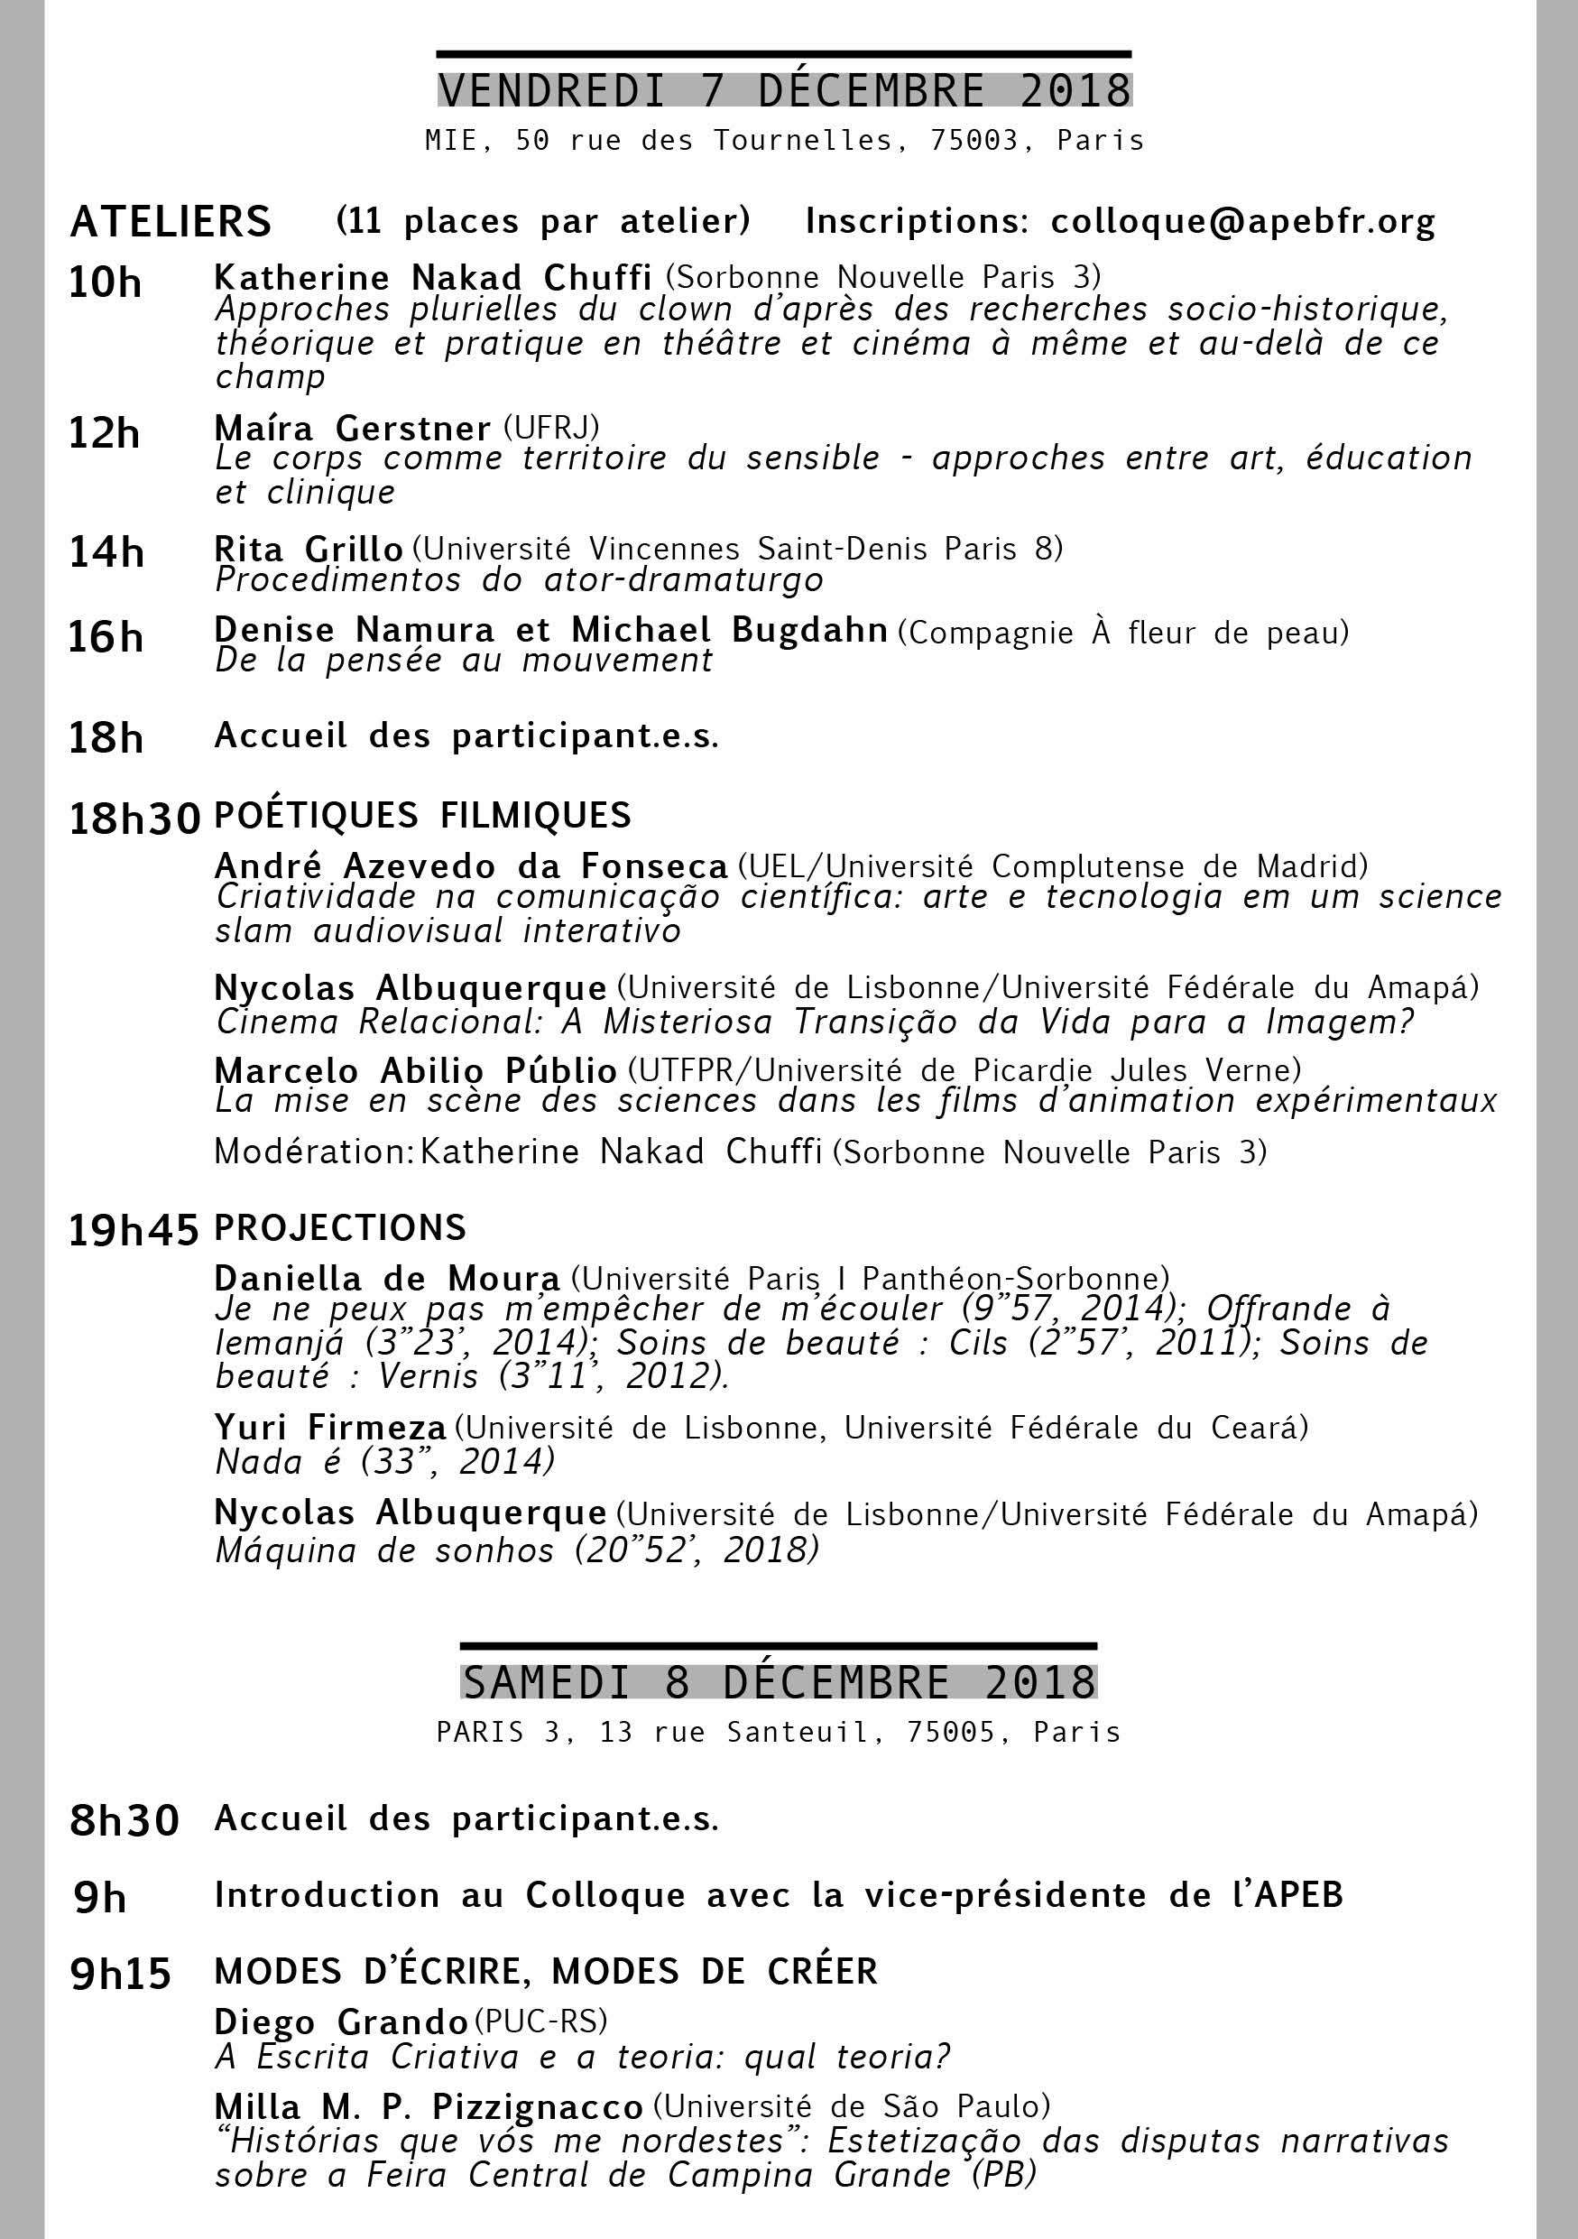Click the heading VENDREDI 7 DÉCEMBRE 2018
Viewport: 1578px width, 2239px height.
784,90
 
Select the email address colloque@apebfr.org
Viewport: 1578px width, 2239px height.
1242,222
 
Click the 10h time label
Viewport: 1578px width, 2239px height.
105,282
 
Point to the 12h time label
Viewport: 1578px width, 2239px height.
105,433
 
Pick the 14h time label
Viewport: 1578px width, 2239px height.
106,553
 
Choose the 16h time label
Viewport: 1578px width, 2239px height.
106,638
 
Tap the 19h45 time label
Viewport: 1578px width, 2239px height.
134,1232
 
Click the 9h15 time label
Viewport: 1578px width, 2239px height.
121,1974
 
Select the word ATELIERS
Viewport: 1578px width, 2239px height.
171,222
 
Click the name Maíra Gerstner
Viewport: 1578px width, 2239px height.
352,428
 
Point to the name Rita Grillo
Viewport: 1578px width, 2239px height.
308,549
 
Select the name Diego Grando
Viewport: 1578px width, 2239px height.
341,2022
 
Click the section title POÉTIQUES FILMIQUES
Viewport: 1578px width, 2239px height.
422,815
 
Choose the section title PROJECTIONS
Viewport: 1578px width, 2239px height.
340,1227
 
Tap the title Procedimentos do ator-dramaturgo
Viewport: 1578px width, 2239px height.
519,581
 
